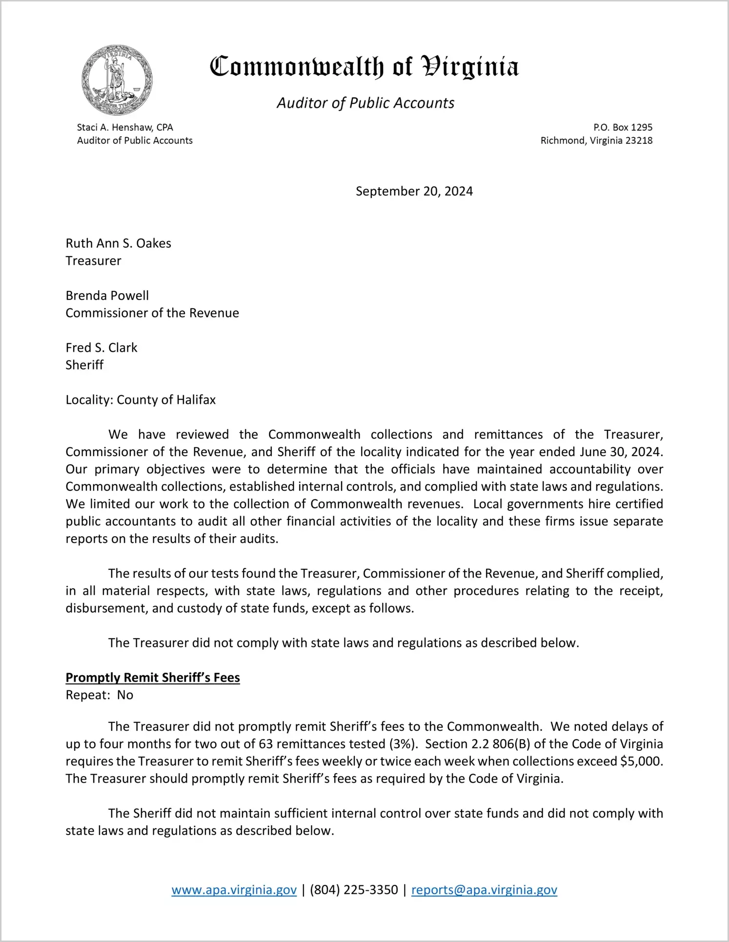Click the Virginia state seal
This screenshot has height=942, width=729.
(117, 80)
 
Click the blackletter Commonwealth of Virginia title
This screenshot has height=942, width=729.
(364, 67)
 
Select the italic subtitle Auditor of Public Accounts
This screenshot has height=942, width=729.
(365, 103)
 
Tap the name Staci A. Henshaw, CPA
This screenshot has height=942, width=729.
(125, 127)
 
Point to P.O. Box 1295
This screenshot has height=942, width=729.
(623, 127)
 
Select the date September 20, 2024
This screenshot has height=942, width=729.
(414, 191)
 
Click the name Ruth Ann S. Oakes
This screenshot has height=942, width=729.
(119, 243)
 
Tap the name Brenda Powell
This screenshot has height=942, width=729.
(107, 296)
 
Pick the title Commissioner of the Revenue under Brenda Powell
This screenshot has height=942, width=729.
(152, 313)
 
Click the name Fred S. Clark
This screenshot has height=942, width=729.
(101, 348)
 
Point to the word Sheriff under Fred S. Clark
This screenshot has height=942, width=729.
(84, 365)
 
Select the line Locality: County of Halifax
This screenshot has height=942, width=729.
(141, 400)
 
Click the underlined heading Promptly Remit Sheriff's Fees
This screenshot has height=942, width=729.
(153, 678)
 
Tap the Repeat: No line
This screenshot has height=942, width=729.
(100, 695)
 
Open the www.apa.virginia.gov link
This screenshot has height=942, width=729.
(234, 890)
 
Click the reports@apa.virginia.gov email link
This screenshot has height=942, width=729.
(484, 890)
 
